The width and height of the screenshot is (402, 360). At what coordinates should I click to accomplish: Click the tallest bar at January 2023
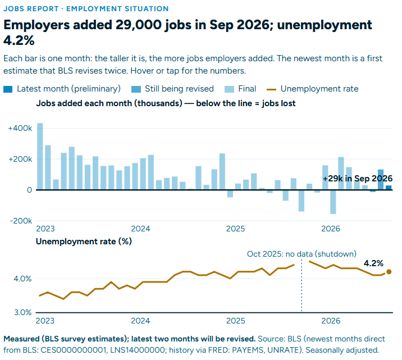[x=40, y=156]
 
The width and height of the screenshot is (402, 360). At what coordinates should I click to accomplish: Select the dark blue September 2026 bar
[x=389, y=188]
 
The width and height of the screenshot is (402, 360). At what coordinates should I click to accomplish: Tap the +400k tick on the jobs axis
[x=20, y=128]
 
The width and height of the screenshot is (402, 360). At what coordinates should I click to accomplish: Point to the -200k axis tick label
[x=21, y=221]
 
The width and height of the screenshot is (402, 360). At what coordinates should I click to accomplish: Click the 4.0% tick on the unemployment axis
[x=22, y=279]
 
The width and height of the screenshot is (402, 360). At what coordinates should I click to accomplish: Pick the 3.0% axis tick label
[x=22, y=313]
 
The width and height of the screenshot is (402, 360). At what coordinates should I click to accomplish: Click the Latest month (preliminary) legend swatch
[x=8, y=89]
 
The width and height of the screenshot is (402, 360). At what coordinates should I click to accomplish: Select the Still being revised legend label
[x=179, y=89]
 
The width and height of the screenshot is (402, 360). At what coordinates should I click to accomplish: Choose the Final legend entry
[x=240, y=89]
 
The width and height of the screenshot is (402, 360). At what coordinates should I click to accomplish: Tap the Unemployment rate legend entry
[x=312, y=89]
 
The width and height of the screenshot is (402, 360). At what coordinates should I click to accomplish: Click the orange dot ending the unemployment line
[x=389, y=272]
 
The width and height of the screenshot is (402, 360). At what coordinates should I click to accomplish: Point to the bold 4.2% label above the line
[x=373, y=263]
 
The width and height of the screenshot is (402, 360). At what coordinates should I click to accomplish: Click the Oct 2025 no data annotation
[x=301, y=254]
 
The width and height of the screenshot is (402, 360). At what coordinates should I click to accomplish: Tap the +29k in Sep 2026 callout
[x=358, y=179]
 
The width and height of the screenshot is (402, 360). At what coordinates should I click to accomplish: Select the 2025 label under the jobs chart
[x=235, y=229]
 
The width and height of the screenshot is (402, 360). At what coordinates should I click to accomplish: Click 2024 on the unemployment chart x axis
[x=140, y=321]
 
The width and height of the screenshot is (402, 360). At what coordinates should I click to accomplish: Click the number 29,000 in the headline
[x=139, y=25]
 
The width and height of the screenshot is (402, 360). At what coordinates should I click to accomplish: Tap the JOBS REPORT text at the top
[x=31, y=9]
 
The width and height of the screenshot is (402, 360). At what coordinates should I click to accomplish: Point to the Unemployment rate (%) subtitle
[x=84, y=241]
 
